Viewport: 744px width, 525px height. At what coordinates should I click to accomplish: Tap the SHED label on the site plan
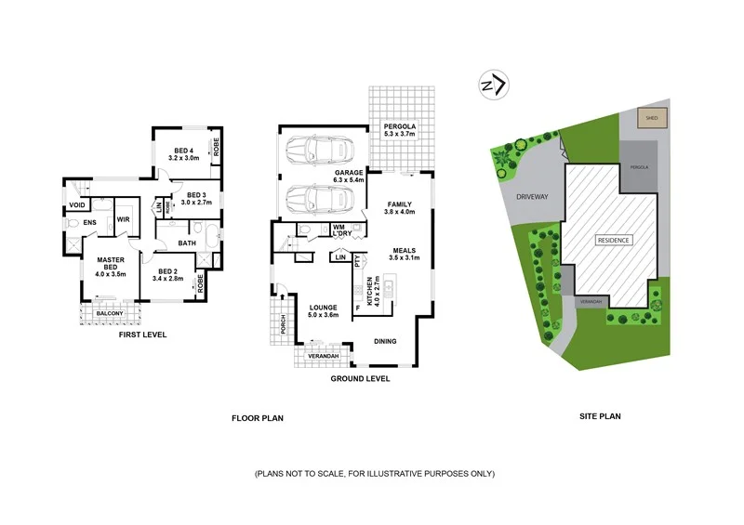(x=648, y=118)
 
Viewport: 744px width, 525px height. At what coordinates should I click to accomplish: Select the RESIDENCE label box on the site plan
(x=614, y=240)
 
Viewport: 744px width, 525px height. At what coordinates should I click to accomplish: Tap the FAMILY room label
(x=398, y=207)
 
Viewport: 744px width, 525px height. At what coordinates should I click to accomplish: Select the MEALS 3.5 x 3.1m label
(x=405, y=254)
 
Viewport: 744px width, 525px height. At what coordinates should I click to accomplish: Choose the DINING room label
(x=386, y=341)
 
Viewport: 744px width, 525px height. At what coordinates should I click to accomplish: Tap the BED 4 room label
(x=183, y=154)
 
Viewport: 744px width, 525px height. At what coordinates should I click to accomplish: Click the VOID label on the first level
(x=78, y=204)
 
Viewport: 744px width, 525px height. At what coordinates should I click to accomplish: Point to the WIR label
(x=122, y=219)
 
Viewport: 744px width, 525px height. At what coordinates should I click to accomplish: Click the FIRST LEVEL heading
(x=142, y=334)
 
